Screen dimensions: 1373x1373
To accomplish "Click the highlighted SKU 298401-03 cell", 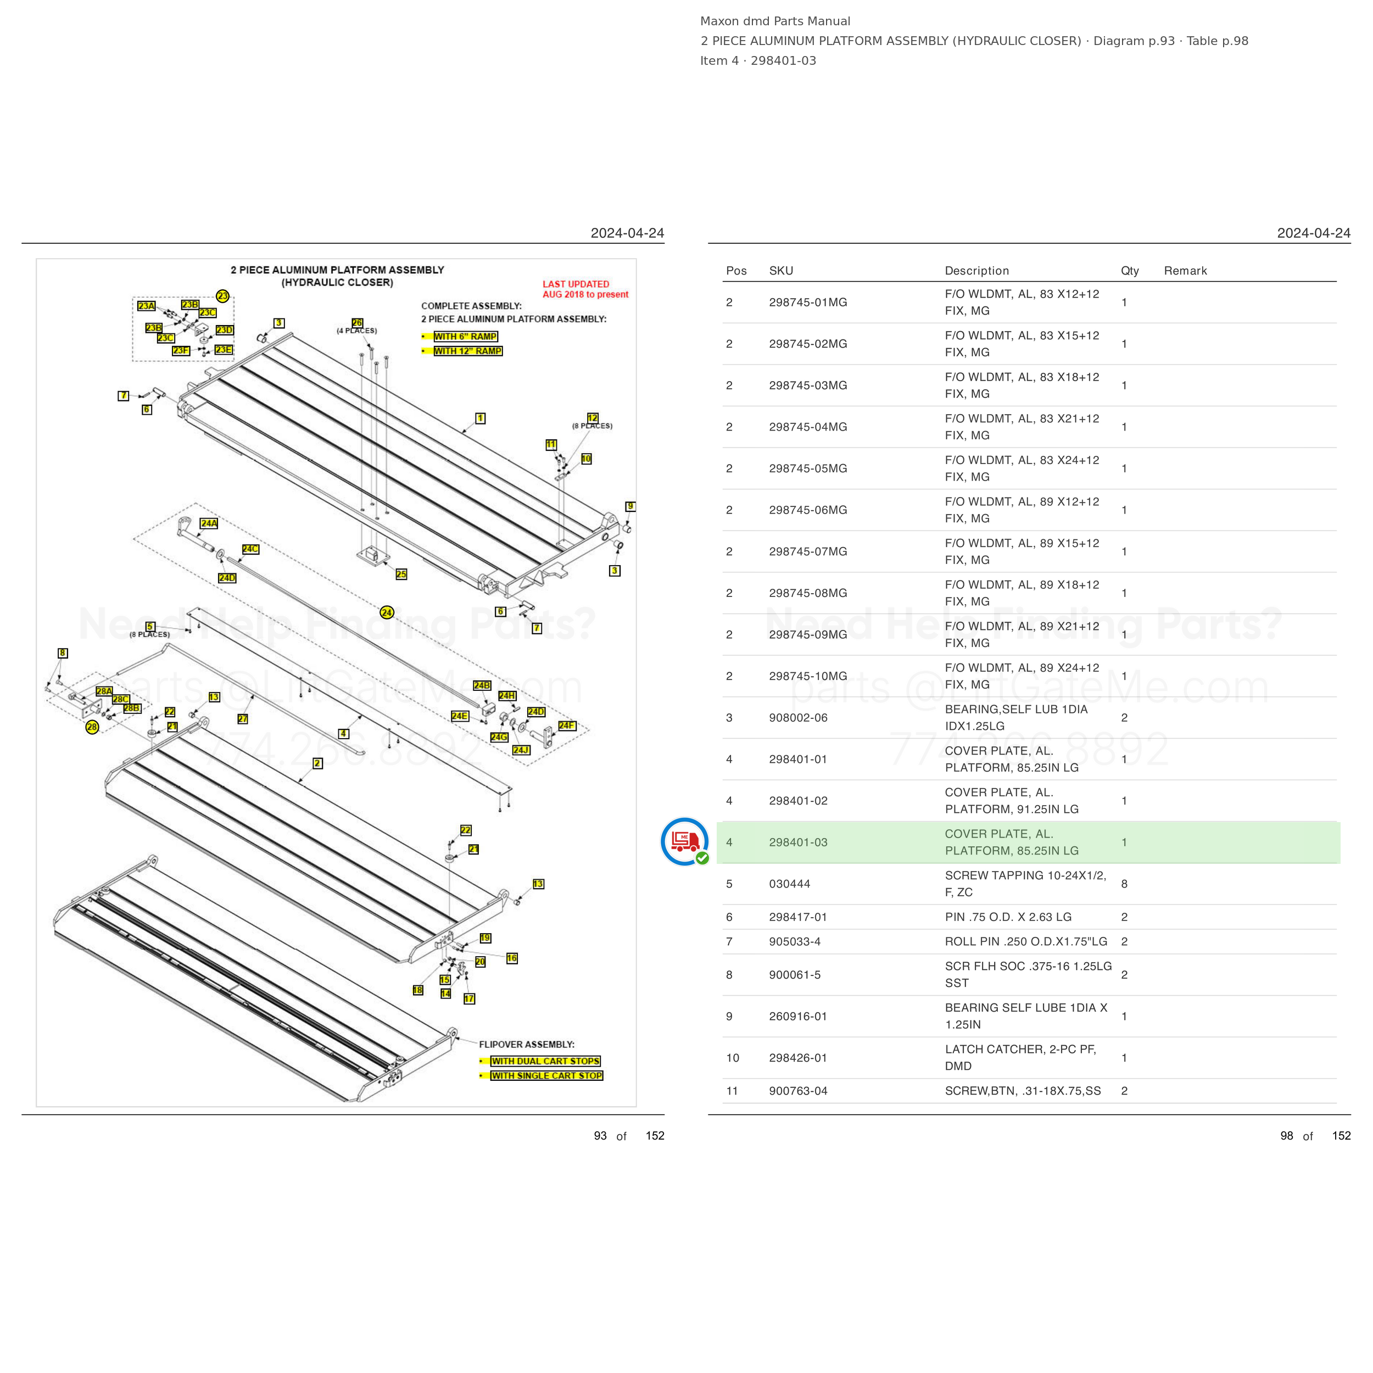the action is (798, 842).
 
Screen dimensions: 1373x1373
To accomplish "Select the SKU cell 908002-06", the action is (798, 718).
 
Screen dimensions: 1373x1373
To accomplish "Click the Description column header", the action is (976, 271).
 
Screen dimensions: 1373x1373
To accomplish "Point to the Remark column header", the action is (1185, 271).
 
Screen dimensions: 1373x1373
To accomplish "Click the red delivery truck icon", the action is (684, 841).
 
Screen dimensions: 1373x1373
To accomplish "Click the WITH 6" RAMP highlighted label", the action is (466, 337).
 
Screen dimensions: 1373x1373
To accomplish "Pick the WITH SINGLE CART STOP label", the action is (546, 1076).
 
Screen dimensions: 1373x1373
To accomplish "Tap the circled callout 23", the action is (222, 295).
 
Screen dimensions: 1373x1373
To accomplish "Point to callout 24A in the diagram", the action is (209, 523).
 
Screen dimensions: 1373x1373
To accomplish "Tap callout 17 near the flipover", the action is (469, 998).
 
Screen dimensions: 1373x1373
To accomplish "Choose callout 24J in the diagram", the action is (521, 750).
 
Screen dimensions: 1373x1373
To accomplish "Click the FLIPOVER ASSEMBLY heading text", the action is (527, 1045).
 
